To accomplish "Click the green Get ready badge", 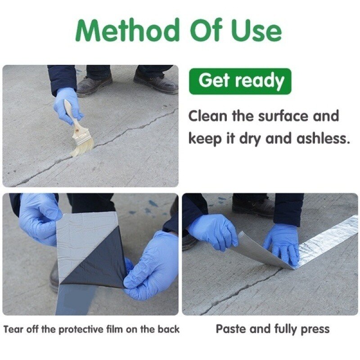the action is [x=240, y=81].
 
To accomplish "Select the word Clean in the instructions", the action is [x=208, y=116].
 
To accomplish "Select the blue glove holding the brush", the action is [x=68, y=105].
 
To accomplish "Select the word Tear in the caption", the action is [x=14, y=329].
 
